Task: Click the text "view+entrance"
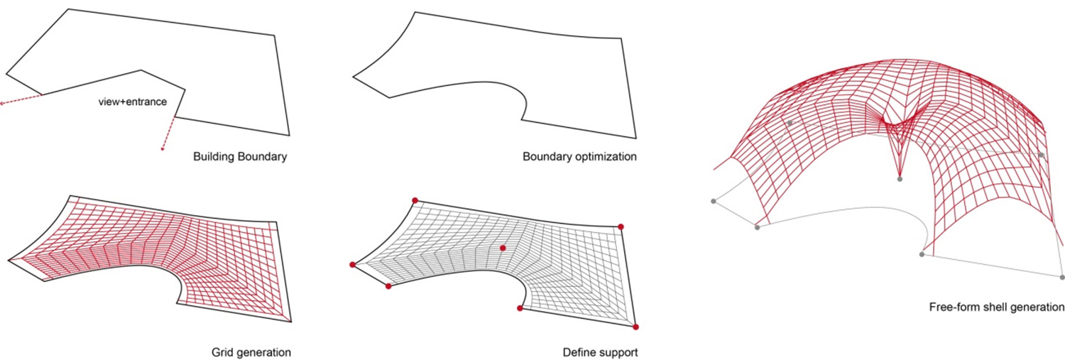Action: coord(133,102)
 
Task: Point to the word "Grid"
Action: coord(222,352)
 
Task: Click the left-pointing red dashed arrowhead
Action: coord(2,104)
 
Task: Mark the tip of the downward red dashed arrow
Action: coord(163,149)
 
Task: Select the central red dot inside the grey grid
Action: coord(503,248)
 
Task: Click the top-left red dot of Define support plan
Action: coord(415,200)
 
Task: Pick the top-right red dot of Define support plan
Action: coord(621,227)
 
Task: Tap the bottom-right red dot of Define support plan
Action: coord(635,327)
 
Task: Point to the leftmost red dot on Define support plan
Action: coord(352,265)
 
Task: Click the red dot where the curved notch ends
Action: coord(520,308)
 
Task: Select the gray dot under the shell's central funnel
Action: coord(900,179)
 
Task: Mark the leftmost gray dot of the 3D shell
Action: coord(714,201)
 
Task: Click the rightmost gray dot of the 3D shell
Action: coord(1062,277)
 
